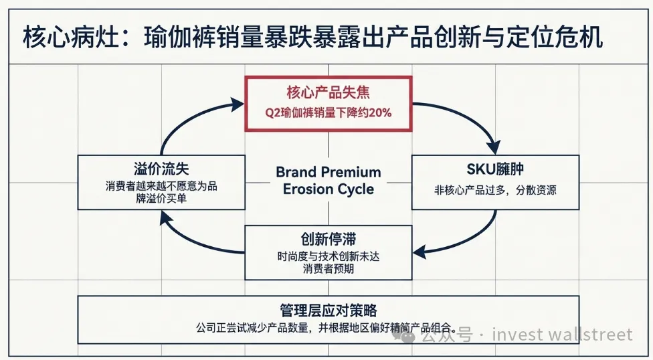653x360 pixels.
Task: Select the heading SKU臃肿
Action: point(495,169)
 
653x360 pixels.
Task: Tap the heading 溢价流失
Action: point(161,169)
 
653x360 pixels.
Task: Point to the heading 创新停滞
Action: point(328,239)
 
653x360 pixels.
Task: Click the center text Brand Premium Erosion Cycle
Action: point(328,181)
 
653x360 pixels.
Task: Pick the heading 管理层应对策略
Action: point(328,310)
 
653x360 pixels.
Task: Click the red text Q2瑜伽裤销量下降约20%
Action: point(328,113)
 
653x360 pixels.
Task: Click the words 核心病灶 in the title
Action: point(71,37)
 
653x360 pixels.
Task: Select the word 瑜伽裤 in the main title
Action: point(180,37)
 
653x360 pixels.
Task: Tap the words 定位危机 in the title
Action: point(555,37)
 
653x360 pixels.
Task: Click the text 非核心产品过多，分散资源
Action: point(495,190)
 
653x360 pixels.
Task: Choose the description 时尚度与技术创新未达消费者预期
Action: point(328,262)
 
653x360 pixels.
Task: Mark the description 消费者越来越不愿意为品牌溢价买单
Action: point(161,192)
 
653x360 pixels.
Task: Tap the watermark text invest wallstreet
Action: point(562,335)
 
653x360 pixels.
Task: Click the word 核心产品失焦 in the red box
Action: point(328,92)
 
